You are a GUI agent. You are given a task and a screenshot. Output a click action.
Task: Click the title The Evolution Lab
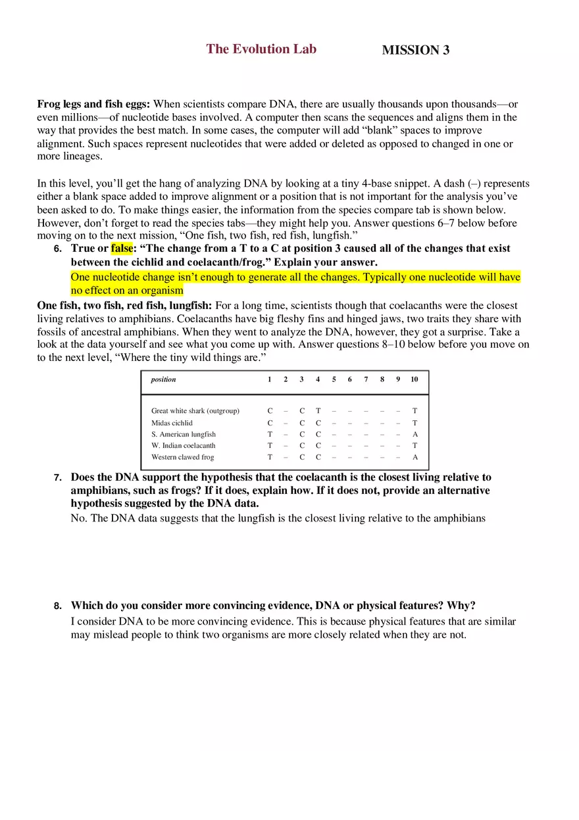pos(261,49)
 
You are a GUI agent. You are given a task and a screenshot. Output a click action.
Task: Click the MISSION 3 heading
pos(415,51)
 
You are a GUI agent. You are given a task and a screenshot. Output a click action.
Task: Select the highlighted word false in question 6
pos(121,249)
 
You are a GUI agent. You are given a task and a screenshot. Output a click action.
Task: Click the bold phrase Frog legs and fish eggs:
pos(93,104)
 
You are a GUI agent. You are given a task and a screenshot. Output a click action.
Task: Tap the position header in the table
pos(163,379)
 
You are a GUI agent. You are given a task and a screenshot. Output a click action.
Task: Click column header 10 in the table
pos(414,379)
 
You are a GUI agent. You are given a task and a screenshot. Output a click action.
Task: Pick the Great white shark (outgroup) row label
pos(195,411)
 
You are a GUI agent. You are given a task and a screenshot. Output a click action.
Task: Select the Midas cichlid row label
pos(172,423)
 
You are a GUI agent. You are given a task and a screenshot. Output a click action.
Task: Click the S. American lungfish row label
pos(183,434)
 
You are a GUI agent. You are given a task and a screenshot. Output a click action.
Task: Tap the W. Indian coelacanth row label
pos(183,446)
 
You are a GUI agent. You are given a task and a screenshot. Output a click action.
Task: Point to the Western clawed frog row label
pos(182,457)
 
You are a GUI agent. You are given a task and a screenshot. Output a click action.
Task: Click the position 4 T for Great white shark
pos(318,411)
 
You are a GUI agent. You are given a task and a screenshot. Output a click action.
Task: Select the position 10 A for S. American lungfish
pos(415,434)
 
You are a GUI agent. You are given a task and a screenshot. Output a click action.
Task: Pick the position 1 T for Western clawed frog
pos(270,457)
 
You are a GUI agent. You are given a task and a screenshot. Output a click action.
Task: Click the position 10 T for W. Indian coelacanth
pos(415,446)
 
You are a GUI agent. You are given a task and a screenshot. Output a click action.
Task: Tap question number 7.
pos(58,478)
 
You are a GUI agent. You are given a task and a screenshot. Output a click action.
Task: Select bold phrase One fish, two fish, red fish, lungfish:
pos(124,306)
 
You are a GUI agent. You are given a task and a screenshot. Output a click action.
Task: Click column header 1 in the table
pos(270,379)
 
